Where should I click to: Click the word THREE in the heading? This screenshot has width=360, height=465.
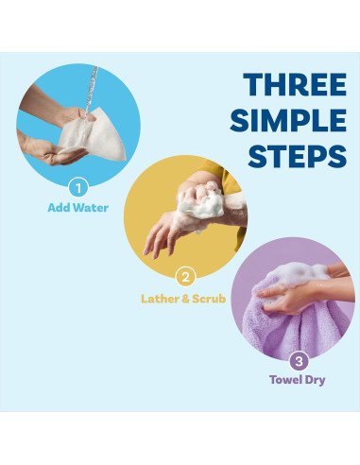pyautogui.click(x=295, y=84)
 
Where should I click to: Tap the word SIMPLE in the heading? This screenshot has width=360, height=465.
pyautogui.click(x=288, y=120)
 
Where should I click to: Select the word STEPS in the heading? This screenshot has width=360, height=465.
pyautogui.click(x=298, y=156)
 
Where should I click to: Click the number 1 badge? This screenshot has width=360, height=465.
pyautogui.click(x=78, y=188)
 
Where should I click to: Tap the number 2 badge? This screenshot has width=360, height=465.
pyautogui.click(x=186, y=277)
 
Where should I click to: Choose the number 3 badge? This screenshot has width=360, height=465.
pyautogui.click(x=299, y=361)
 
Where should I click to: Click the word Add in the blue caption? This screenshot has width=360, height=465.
pyautogui.click(x=59, y=208)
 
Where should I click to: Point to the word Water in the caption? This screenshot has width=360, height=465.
pyautogui.click(x=91, y=208)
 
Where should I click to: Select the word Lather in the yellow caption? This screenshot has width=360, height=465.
pyautogui.click(x=160, y=299)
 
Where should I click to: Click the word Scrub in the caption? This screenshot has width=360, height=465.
pyautogui.click(x=209, y=299)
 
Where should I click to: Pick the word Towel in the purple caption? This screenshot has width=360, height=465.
pyautogui.click(x=285, y=379)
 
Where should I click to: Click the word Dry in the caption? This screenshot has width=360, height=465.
pyautogui.click(x=315, y=380)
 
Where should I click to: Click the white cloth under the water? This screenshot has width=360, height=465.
pyautogui.click(x=94, y=136)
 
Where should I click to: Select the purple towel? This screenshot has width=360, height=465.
pyautogui.click(x=295, y=324)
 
